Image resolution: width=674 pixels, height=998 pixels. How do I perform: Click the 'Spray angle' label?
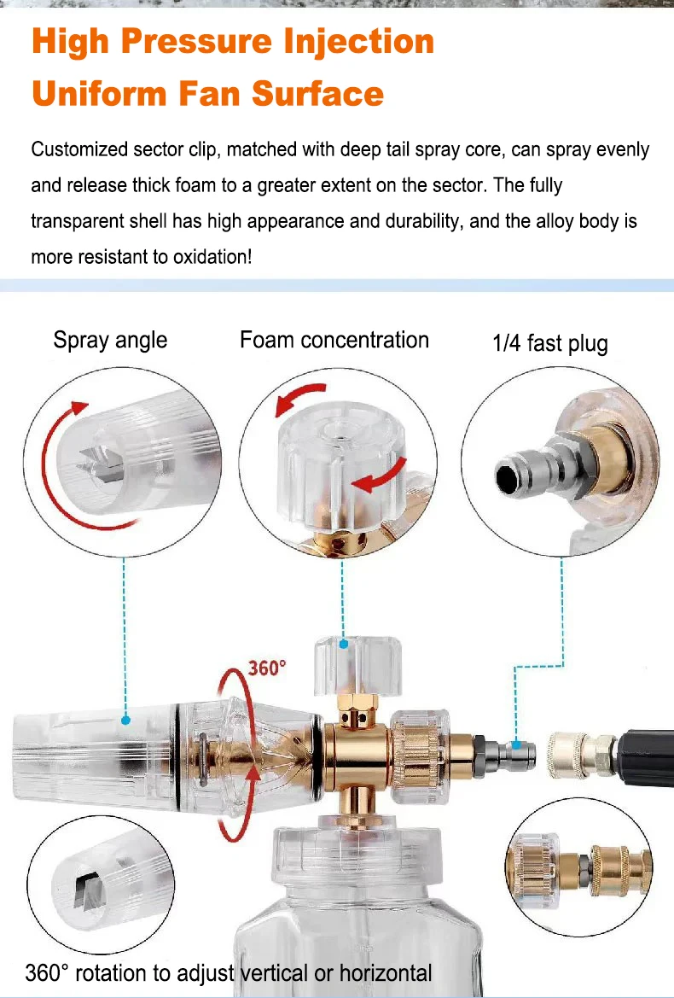tap(110, 340)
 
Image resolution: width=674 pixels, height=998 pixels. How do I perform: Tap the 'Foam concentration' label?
tap(334, 340)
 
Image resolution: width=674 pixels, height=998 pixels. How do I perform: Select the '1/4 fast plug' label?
tap(550, 343)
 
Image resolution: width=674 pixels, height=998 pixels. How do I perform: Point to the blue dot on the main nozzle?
tap(125, 721)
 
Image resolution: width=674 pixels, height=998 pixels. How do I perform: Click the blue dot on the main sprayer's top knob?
tap(344, 644)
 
